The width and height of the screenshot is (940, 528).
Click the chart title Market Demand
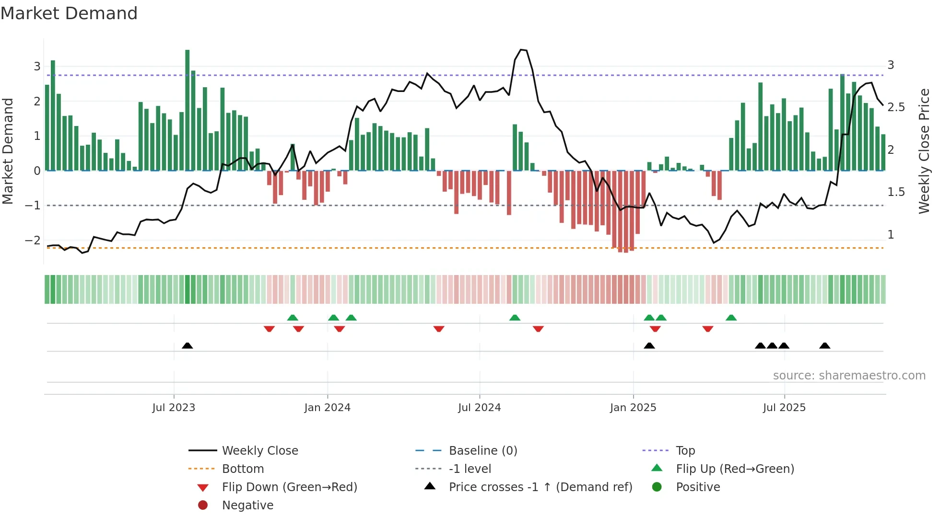pyautogui.click(x=69, y=13)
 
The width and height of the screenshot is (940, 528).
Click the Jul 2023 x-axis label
pyautogui.click(x=174, y=408)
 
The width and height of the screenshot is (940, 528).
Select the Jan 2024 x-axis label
pyautogui.click(x=327, y=408)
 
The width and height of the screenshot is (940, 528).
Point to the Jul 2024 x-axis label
pyautogui.click(x=479, y=408)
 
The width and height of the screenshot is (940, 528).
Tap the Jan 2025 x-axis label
pyautogui.click(x=633, y=408)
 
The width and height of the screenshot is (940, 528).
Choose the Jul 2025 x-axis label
pyautogui.click(x=784, y=408)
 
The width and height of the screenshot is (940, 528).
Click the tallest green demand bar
pyautogui.click(x=188, y=110)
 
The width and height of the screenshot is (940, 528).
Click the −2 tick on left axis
pyautogui.click(x=33, y=240)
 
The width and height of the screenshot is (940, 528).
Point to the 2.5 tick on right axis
pyautogui.click(x=896, y=107)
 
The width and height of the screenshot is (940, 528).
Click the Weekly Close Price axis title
pyautogui.click(x=924, y=151)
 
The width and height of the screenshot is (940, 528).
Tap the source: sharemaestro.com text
pyautogui.click(x=849, y=376)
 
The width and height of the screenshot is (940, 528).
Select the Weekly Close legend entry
pyautogui.click(x=259, y=451)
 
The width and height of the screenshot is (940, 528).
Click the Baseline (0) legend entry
pyautogui.click(x=482, y=451)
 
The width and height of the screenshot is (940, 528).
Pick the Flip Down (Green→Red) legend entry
pyautogui.click(x=289, y=487)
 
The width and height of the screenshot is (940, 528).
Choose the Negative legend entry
pyautogui.click(x=247, y=505)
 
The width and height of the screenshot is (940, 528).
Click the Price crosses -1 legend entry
pyautogui.click(x=540, y=487)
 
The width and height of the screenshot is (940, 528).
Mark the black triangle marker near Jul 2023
pyautogui.click(x=188, y=345)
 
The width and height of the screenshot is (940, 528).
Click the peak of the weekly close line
pyautogui.click(x=521, y=49)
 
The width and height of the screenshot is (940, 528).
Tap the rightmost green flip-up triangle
pyautogui.click(x=731, y=318)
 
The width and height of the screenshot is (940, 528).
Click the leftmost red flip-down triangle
pyautogui.click(x=269, y=329)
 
